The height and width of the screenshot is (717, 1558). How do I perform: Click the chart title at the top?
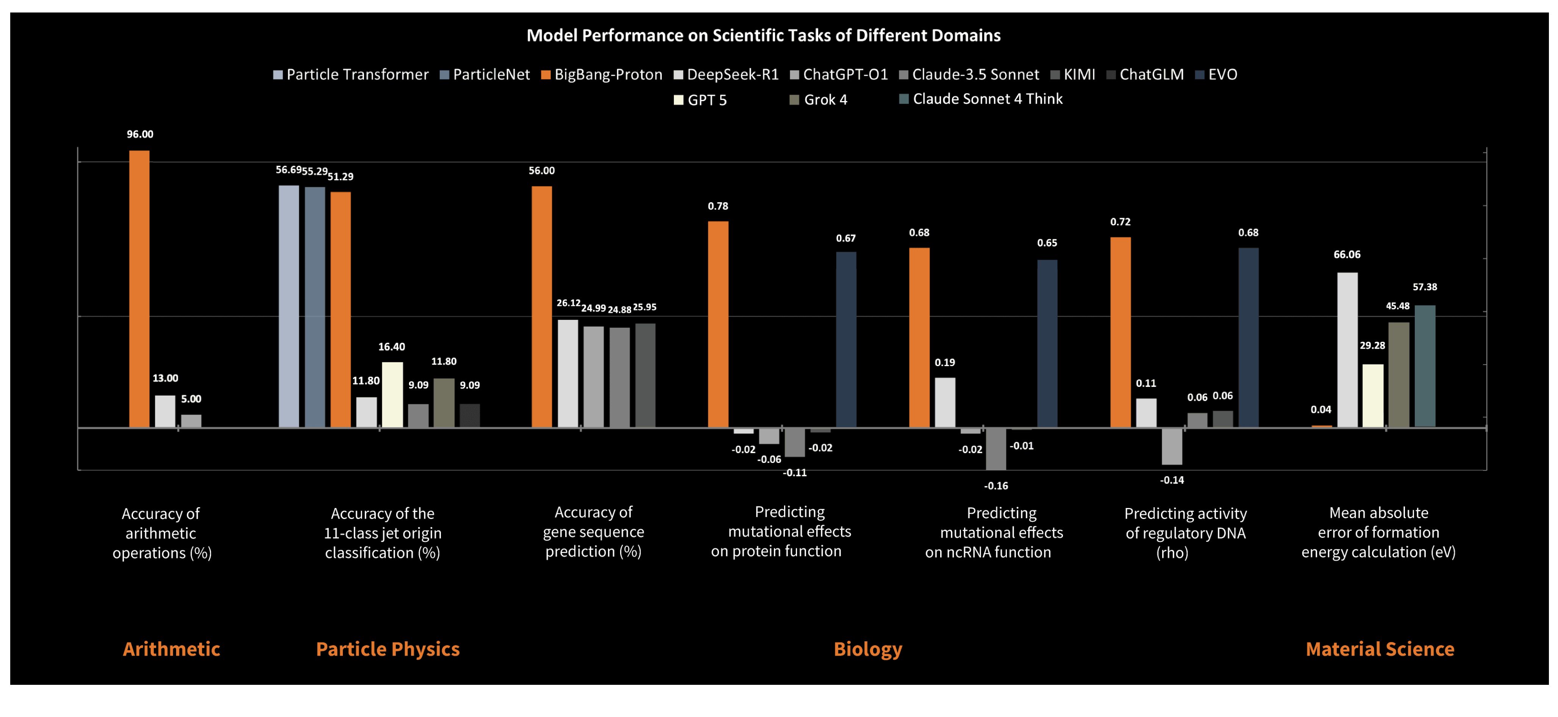[763, 36]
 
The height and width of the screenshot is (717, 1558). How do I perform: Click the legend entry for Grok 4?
[819, 100]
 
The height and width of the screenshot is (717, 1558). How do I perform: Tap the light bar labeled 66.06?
[1347, 350]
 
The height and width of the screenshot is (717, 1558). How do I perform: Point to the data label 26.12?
[568, 303]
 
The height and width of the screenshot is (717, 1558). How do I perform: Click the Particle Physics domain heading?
[388, 649]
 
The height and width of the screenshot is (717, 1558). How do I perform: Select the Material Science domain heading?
[1380, 649]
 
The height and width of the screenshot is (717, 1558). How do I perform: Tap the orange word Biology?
[867, 649]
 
